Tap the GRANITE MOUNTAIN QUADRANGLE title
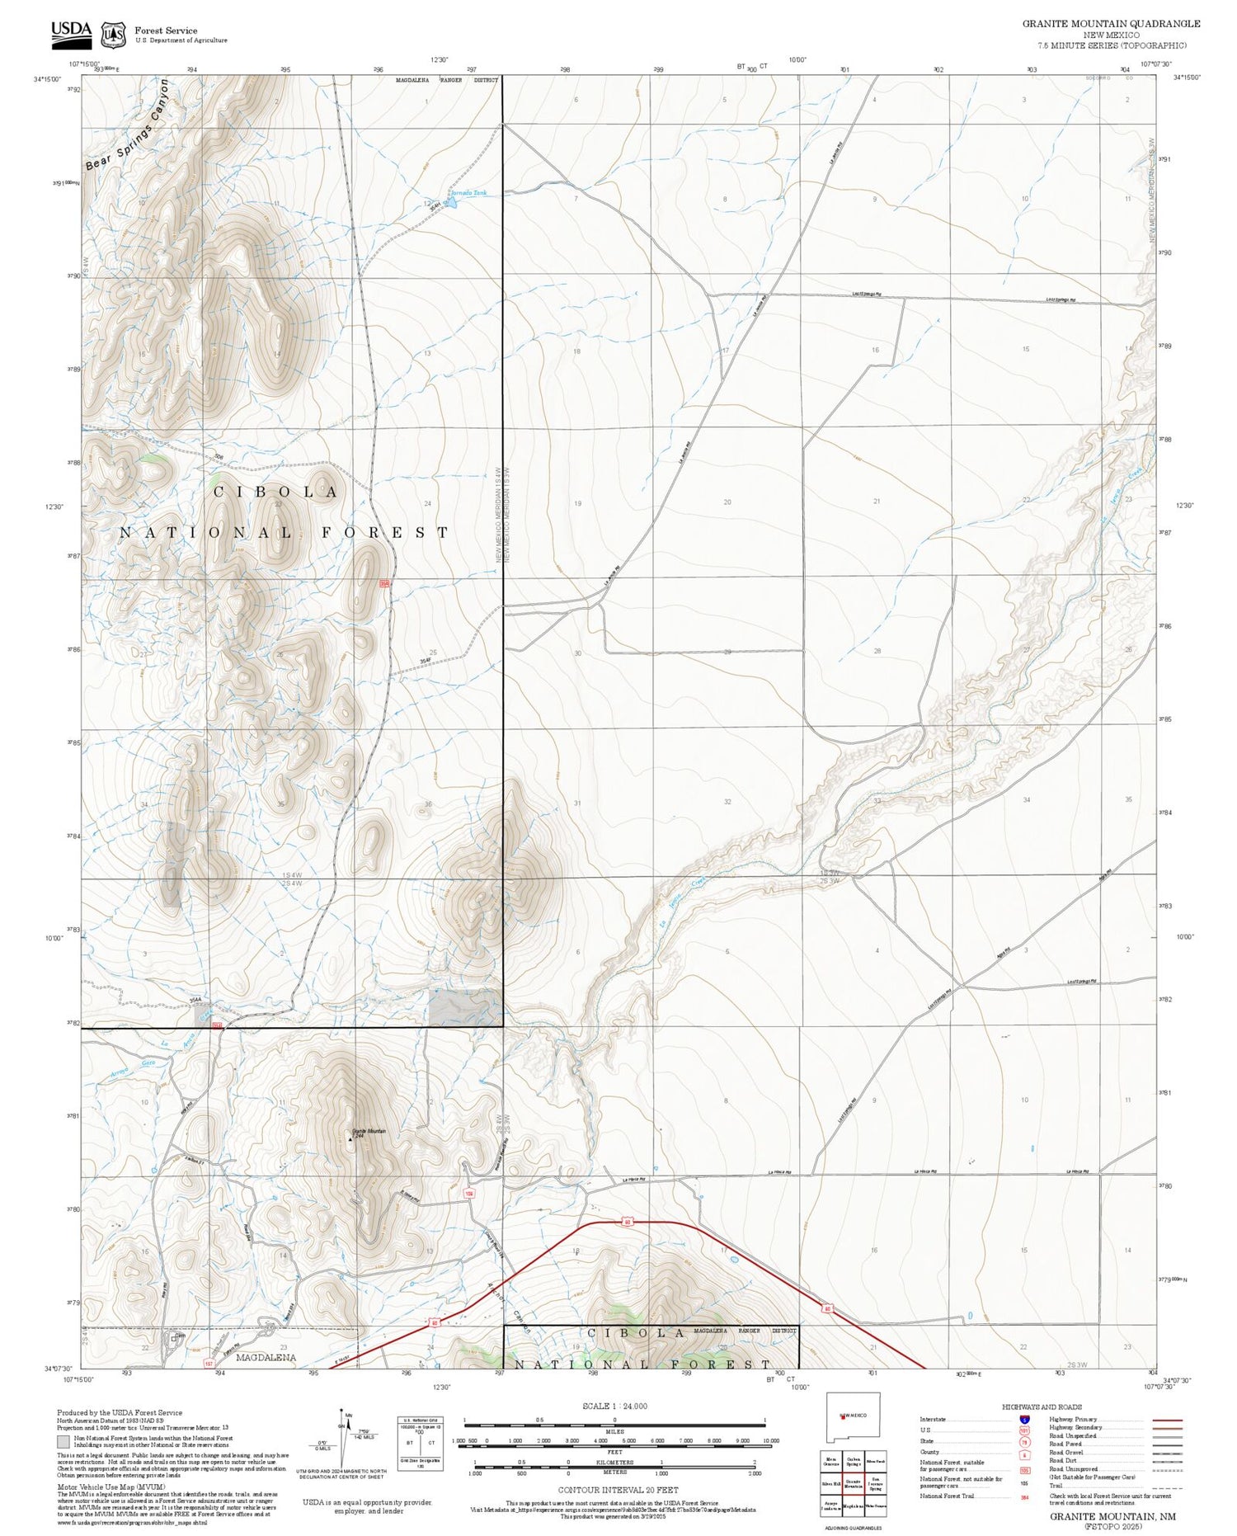coord(1111,24)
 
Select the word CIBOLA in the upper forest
coord(276,492)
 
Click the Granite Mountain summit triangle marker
coord(350,1139)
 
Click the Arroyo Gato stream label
coord(133,1064)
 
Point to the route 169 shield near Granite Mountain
coord(469,1193)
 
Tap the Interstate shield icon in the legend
coord(1023,1420)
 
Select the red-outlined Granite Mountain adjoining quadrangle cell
coord(854,1484)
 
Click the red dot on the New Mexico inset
coord(842,1416)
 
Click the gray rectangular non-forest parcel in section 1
coord(465,1007)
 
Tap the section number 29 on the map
coord(727,653)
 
